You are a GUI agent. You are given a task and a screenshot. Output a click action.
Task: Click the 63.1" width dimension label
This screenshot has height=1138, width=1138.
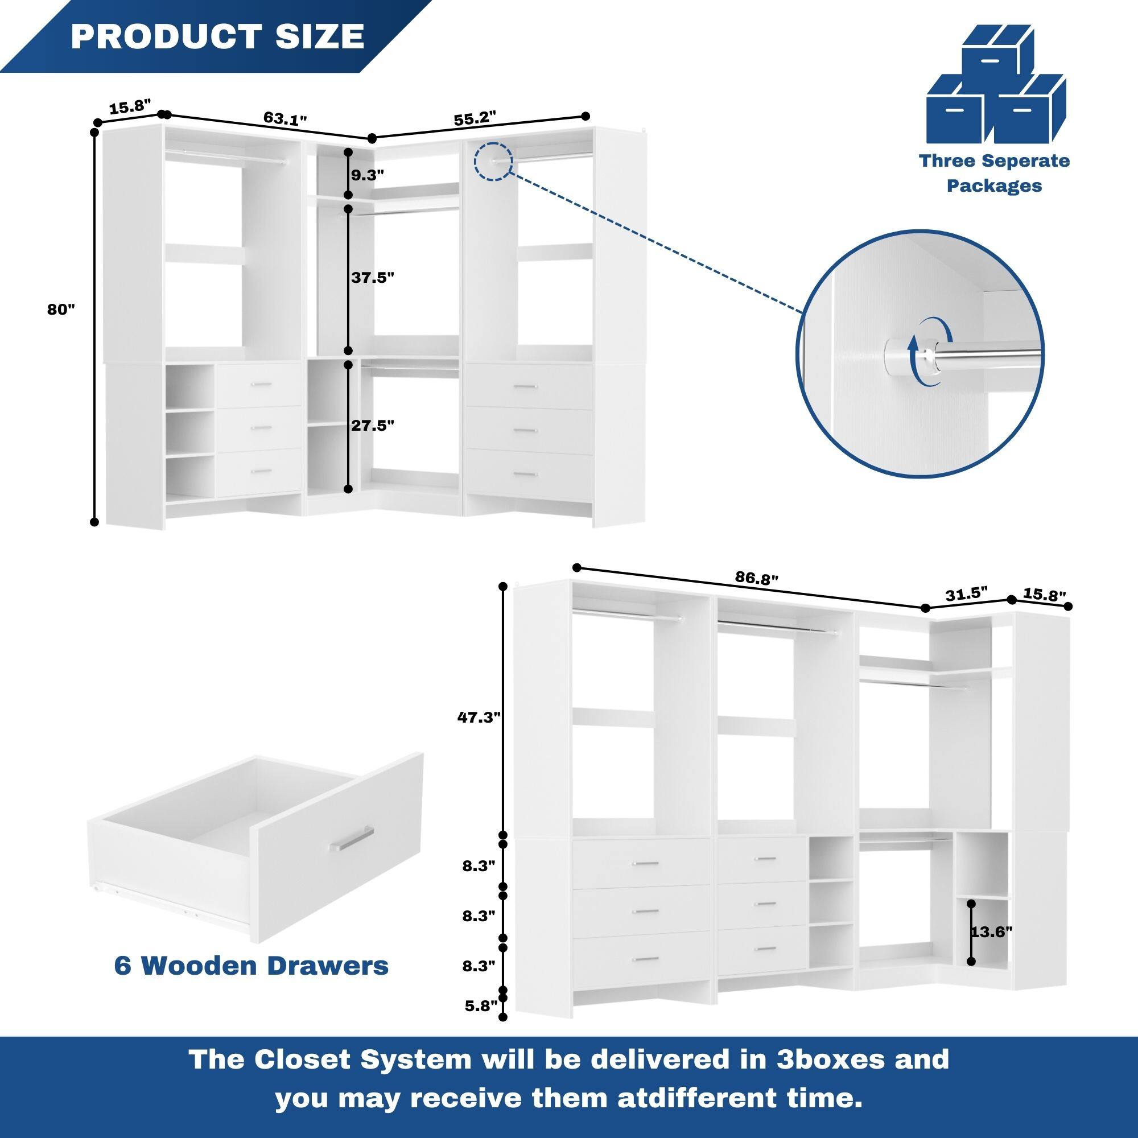[x=285, y=119]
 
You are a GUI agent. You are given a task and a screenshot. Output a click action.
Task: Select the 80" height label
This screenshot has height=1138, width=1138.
[x=61, y=310]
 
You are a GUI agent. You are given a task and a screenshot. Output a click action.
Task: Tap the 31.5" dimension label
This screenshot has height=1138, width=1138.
[x=966, y=593]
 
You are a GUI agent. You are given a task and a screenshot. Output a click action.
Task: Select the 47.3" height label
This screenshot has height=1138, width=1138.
[x=479, y=717]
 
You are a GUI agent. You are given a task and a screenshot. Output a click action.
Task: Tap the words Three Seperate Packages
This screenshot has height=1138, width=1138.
[x=994, y=173]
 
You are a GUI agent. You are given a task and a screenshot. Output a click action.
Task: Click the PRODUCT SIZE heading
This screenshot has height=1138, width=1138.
[x=217, y=36]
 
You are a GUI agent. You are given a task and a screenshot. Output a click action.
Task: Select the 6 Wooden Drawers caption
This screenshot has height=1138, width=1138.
[x=251, y=966]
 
